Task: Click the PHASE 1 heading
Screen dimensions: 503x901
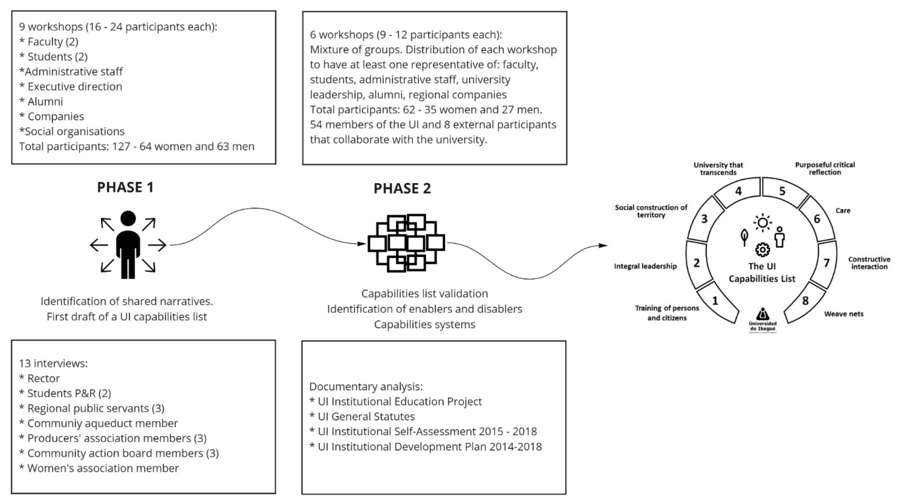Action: click(125, 188)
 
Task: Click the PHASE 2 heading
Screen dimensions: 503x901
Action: click(402, 189)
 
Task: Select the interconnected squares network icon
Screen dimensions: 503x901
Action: click(406, 243)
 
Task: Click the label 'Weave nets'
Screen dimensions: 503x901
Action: click(844, 314)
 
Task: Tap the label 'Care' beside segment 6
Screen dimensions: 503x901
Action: click(843, 210)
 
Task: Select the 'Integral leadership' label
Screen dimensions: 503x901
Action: click(645, 266)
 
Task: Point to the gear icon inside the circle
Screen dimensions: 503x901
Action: click(763, 250)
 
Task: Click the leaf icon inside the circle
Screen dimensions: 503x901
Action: click(744, 238)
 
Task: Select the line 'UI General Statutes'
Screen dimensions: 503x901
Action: click(366, 417)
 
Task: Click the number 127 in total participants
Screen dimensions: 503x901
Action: click(121, 146)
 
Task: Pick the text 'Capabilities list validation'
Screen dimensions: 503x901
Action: click(424, 294)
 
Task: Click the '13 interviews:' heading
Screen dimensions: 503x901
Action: click(53, 363)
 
